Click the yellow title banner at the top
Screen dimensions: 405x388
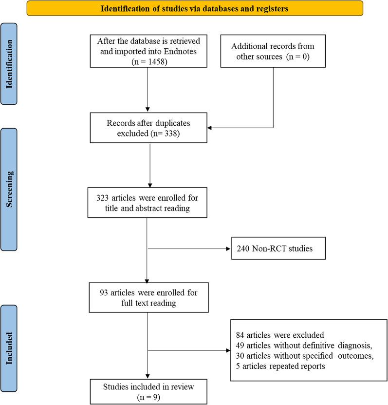point(195,8)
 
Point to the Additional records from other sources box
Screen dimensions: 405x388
point(273,51)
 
